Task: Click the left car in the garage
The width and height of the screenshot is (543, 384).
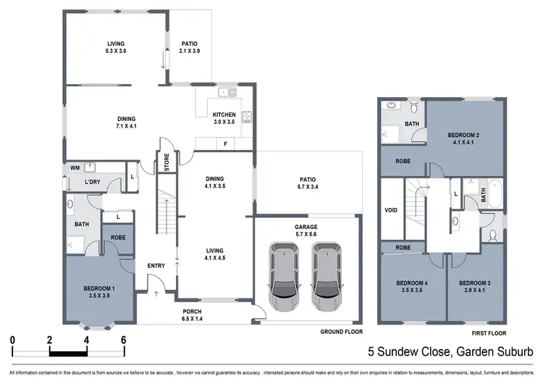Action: click(x=283, y=275)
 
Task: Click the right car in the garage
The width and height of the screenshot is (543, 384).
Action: click(x=327, y=275)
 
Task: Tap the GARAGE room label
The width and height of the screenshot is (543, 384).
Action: click(x=306, y=227)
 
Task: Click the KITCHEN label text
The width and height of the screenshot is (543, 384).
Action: click(x=224, y=115)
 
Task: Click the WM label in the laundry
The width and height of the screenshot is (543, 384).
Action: click(x=75, y=168)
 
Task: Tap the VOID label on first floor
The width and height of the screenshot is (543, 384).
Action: click(x=391, y=210)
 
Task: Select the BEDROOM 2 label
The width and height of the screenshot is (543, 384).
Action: click(x=463, y=135)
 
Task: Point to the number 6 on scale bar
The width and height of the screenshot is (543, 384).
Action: click(x=124, y=339)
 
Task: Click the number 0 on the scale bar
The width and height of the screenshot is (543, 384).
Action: click(x=12, y=339)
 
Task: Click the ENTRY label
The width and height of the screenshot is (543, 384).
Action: click(x=156, y=266)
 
